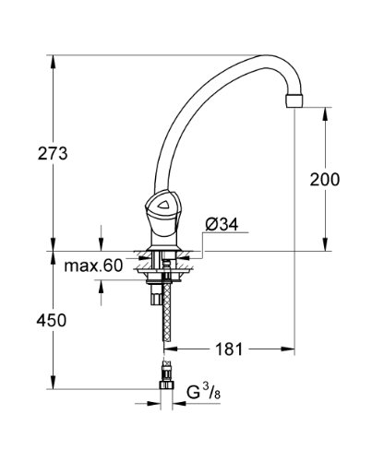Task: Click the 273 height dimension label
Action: click(x=53, y=153)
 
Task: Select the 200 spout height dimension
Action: click(x=325, y=179)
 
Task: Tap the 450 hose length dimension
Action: click(x=52, y=320)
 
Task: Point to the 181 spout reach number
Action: click(x=229, y=349)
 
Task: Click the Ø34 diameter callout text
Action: click(x=222, y=225)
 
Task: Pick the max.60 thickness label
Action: click(x=93, y=266)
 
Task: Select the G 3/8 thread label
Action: click(x=204, y=393)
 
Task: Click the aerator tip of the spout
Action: click(x=294, y=100)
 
